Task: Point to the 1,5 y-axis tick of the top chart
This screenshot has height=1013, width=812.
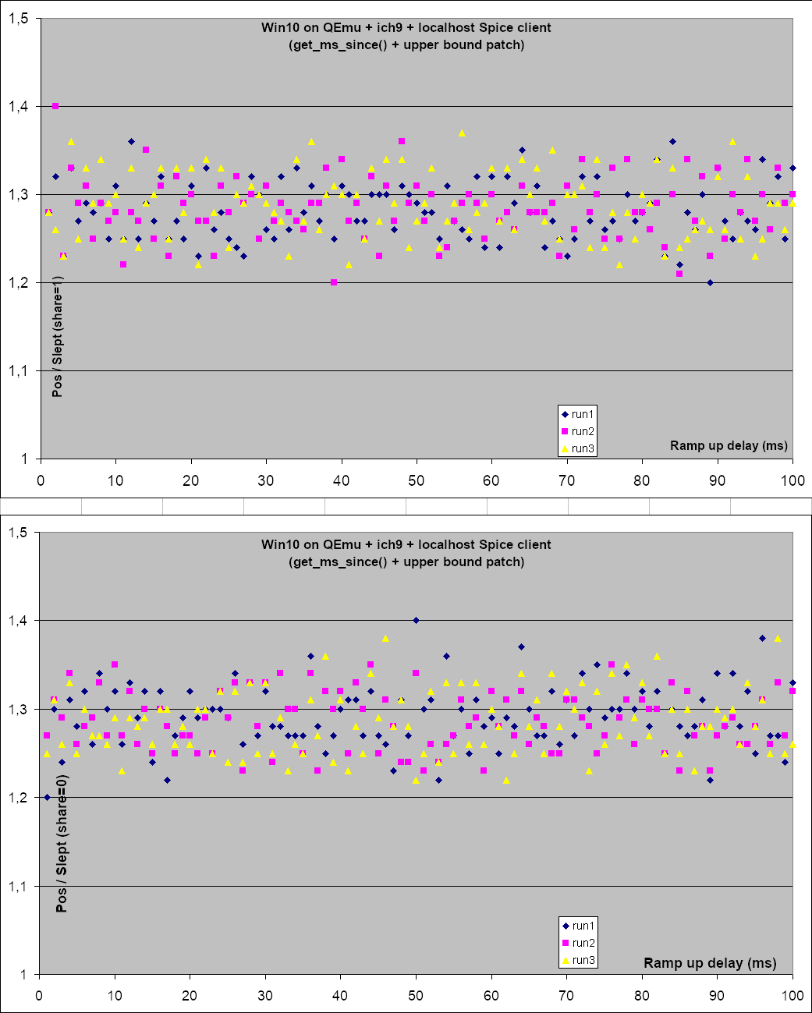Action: (19, 18)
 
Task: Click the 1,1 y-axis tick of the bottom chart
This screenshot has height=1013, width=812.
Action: (19, 886)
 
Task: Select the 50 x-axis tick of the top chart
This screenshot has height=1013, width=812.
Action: (417, 480)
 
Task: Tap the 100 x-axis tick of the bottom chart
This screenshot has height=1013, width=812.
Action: (792, 996)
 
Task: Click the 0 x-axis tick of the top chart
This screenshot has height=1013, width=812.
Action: (41, 480)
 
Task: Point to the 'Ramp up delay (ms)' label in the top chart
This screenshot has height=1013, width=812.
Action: (729, 445)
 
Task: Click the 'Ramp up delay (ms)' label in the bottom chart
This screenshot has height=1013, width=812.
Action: (710, 962)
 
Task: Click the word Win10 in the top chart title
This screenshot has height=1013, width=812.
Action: (278, 27)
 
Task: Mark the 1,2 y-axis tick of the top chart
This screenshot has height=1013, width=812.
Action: (19, 282)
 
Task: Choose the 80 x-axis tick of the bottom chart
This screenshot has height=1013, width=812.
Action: (642, 996)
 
